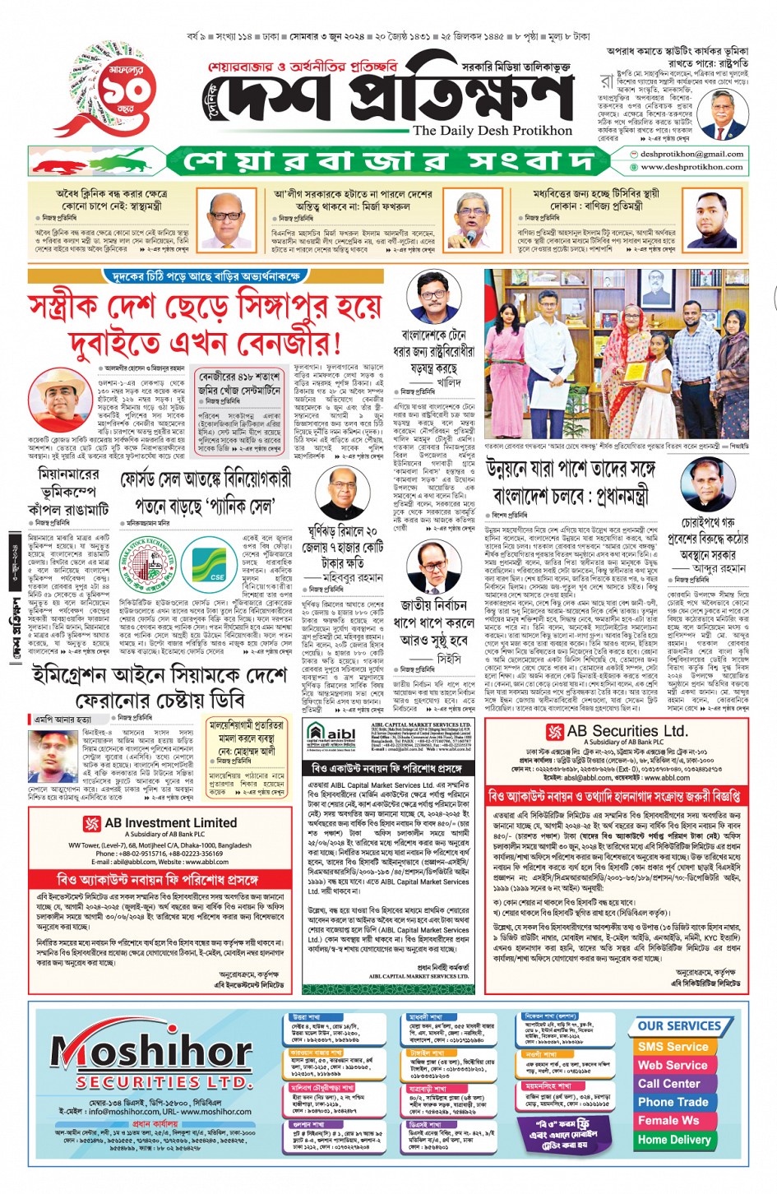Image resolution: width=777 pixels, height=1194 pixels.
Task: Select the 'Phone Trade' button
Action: click(x=673, y=1102)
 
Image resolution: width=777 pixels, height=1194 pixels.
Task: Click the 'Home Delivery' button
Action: click(x=673, y=1140)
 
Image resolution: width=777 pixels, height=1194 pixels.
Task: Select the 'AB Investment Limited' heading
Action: click(x=170, y=822)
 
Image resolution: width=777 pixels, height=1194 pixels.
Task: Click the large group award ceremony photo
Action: click(x=616, y=355)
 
